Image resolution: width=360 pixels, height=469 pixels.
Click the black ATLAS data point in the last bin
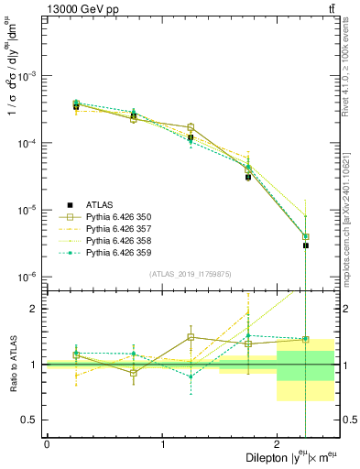306,245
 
